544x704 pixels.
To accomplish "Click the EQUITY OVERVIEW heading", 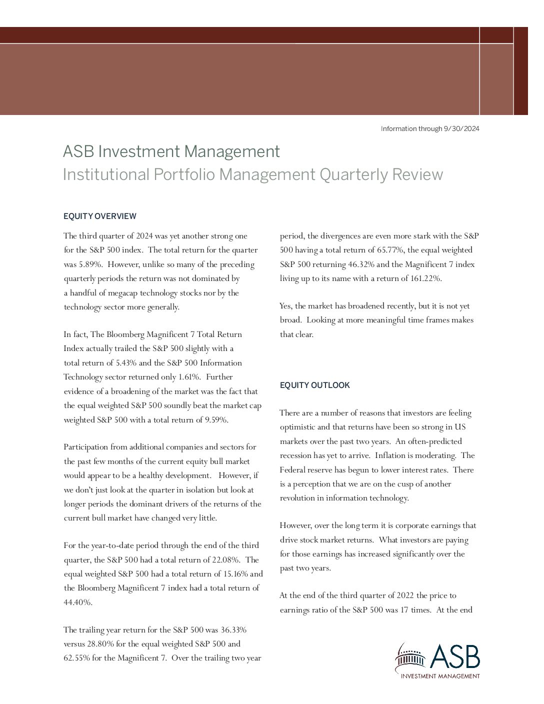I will point(99,216).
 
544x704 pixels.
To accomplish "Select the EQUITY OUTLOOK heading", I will point(314,385).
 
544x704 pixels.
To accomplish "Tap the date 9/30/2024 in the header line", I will point(461,129).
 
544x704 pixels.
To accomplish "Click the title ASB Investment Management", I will point(171,151).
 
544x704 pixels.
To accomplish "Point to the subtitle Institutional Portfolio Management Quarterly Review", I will point(252,174).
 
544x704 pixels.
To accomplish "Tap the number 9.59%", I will point(216,420).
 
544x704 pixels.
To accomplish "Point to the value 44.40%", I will point(77,602).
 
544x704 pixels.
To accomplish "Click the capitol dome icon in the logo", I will point(410,659).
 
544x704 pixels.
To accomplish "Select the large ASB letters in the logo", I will point(454,656).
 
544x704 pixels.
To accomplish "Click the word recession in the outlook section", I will point(296,455).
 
